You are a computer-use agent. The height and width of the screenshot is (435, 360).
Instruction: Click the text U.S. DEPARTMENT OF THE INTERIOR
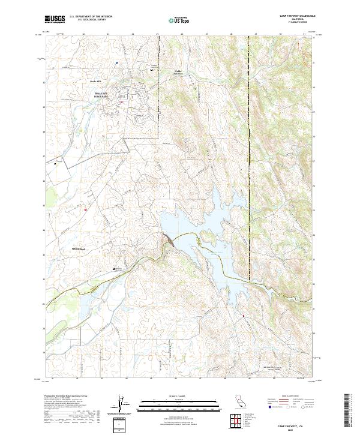click(x=91, y=16)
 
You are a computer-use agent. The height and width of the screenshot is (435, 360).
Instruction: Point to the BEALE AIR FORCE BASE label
click(x=103, y=95)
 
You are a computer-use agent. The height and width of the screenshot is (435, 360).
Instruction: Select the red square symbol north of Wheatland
click(x=86, y=209)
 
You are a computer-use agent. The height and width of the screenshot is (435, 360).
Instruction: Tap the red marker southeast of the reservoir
click(x=244, y=315)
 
